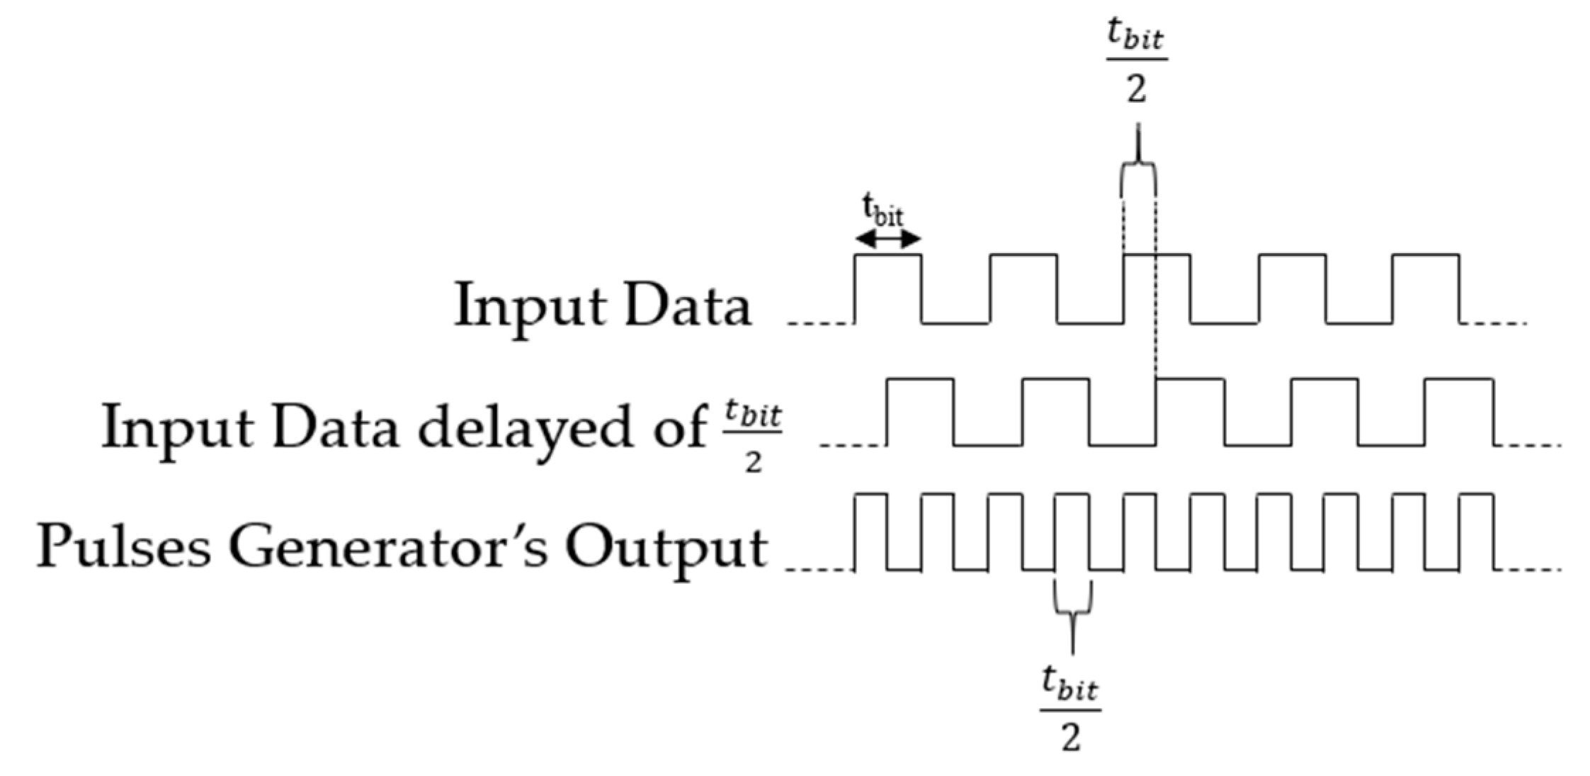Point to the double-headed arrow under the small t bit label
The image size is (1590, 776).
(x=887, y=240)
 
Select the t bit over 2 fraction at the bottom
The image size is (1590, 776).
(x=1070, y=709)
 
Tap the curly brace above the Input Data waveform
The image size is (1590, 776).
(x=1138, y=174)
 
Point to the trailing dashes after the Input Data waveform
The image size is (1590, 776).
(x=1494, y=323)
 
